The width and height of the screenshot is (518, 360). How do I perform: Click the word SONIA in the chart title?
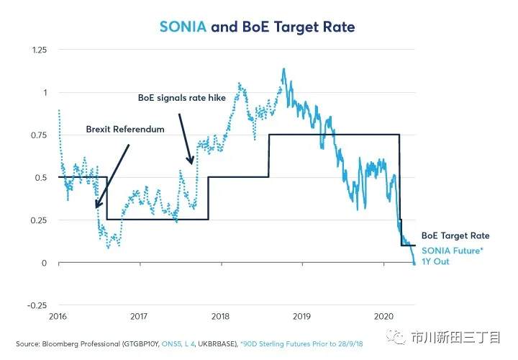tap(183, 27)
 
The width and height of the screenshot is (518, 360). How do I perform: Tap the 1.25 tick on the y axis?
tap(40, 50)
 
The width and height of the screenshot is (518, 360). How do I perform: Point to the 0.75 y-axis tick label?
tap(39, 135)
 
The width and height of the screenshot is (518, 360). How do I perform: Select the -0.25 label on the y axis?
tap(37, 305)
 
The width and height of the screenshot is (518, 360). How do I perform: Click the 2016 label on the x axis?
tap(58, 316)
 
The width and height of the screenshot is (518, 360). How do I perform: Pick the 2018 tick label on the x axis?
tap(220, 316)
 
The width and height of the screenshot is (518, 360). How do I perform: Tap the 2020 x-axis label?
tap(383, 316)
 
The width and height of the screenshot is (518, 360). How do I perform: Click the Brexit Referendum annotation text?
tap(125, 130)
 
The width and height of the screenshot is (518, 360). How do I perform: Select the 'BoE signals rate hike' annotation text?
tap(182, 98)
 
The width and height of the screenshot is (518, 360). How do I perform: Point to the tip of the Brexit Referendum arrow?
tap(96, 207)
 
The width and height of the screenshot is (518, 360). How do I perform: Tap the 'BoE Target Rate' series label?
tap(455, 235)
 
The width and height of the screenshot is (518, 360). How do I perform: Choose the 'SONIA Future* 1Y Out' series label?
tap(453, 256)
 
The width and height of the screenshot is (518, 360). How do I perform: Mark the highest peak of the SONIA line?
tap(283, 69)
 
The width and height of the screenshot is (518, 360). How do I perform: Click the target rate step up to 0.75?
tap(269, 156)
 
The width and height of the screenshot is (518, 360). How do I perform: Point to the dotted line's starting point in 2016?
tap(59, 110)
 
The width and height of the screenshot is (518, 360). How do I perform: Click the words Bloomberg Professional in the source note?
tap(81, 344)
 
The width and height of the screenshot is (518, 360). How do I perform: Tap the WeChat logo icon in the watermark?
tap(396, 338)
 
